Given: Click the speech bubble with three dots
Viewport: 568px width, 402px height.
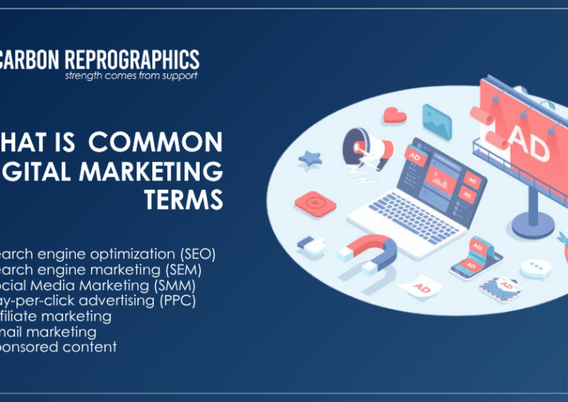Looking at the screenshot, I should tap(536, 268).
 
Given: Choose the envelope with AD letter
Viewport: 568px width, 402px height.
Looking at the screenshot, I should tap(499, 285).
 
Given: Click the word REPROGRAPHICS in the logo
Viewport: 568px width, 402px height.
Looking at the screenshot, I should tap(133, 60).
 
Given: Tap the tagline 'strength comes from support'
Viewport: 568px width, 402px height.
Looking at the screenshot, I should tap(131, 76).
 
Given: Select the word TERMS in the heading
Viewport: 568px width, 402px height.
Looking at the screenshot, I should tap(184, 200).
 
